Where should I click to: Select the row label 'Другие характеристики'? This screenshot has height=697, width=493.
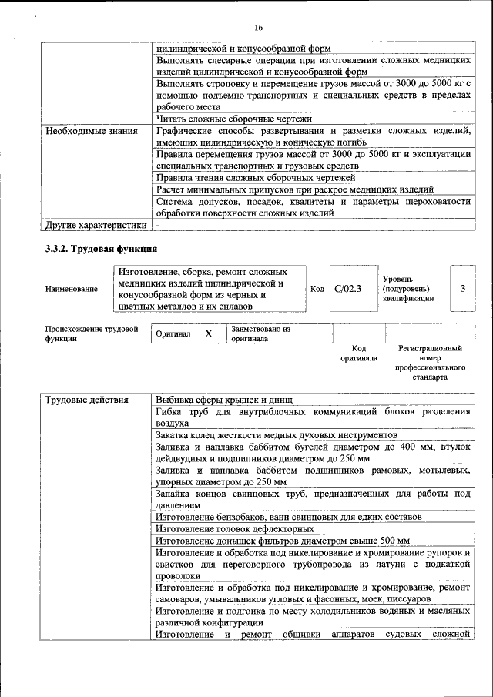[95, 226]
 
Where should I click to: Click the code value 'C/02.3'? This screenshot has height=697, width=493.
[348, 289]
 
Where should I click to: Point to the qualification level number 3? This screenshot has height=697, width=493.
[462, 289]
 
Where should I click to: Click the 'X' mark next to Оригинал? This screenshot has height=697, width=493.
[208, 334]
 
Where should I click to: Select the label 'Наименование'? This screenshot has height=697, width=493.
[72, 289]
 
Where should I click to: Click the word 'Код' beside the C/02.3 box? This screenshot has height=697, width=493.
[317, 289]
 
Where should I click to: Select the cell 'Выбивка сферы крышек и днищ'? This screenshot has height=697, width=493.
[222, 400]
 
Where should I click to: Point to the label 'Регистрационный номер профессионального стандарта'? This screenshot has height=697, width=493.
[430, 364]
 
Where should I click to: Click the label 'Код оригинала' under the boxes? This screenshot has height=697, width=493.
[358, 354]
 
